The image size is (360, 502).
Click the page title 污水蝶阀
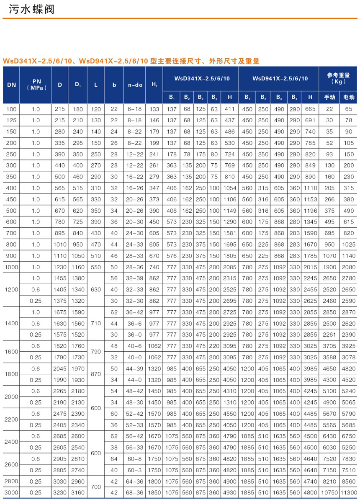(28, 10)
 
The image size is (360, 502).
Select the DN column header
(11, 85)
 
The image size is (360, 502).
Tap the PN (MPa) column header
(37, 85)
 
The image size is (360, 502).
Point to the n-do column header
(135, 85)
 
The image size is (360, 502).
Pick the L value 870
(96, 374)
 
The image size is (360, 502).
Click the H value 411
(229, 109)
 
